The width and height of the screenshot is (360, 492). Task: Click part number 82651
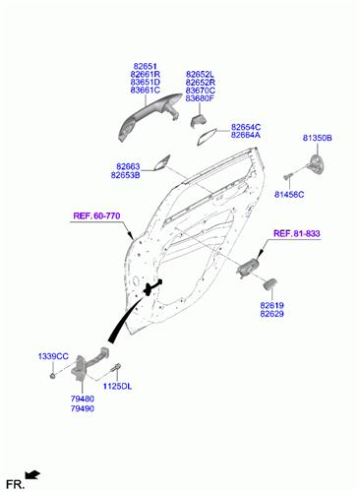(x=145, y=66)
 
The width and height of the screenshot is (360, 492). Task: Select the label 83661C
(x=145, y=91)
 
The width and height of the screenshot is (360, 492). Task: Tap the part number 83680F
(x=200, y=98)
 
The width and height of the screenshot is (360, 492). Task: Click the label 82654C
(x=246, y=127)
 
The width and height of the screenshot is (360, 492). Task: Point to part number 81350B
(x=317, y=138)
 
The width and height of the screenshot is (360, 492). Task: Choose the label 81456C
(x=289, y=195)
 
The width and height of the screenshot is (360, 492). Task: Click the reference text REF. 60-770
(x=96, y=215)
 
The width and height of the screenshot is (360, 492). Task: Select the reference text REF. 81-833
(x=297, y=233)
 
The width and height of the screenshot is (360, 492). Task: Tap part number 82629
(x=271, y=314)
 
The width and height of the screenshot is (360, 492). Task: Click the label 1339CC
(x=53, y=356)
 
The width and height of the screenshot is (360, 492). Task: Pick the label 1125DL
(x=117, y=387)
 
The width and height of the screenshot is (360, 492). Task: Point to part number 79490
(x=83, y=408)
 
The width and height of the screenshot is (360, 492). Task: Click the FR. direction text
(x=15, y=484)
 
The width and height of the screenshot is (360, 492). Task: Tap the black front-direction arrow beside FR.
(x=32, y=474)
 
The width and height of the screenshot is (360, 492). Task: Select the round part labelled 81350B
(x=317, y=163)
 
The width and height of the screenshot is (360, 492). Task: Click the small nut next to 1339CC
(x=52, y=376)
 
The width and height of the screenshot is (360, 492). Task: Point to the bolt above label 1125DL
(x=116, y=368)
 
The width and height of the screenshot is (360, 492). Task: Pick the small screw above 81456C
(x=287, y=176)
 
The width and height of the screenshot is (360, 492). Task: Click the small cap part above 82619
(x=270, y=284)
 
